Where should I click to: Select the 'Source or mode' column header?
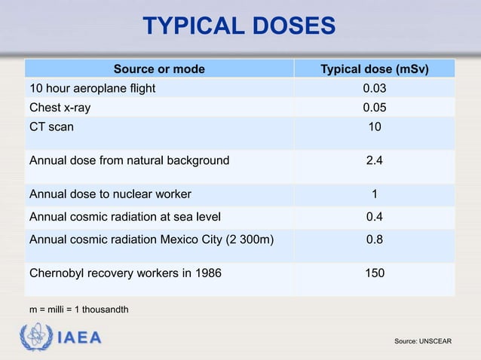pyautogui.click(x=159, y=69)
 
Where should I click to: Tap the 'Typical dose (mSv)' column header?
pyautogui.click(x=375, y=69)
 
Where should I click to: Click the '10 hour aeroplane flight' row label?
pyautogui.click(x=92, y=88)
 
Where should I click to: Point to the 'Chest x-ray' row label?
pyautogui.click(x=60, y=107)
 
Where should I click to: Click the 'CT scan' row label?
pyautogui.click(x=51, y=127)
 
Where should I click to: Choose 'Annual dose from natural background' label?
pyautogui.click(x=129, y=160)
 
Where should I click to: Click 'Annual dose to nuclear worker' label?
pyautogui.click(x=110, y=194)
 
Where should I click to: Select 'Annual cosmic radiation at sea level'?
pyautogui.click(x=124, y=218)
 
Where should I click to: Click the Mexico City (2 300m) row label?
pyautogui.click(x=151, y=240)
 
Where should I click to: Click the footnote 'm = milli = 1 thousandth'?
pyautogui.click(x=78, y=310)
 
